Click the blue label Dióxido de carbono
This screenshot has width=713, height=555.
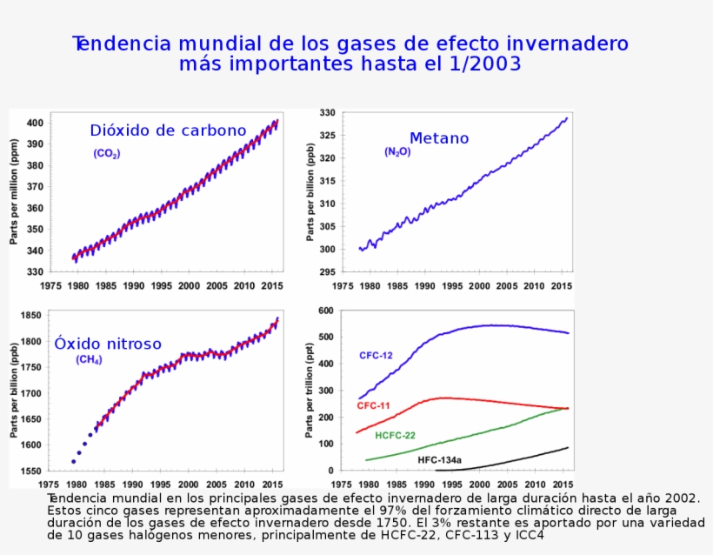168,130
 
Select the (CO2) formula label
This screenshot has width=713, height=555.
107,154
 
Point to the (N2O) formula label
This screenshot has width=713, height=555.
397,152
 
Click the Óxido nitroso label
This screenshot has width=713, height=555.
108,344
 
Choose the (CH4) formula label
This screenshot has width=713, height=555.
89,359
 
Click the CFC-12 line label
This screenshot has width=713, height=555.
376,356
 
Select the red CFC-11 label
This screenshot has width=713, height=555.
373,406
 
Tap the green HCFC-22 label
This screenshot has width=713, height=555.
395,435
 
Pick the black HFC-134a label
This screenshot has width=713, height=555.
439,458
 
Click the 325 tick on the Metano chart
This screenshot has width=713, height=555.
327,136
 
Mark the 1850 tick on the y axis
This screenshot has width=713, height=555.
30,315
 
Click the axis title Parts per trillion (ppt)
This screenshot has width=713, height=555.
310,390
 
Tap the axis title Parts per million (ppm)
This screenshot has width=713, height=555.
14,191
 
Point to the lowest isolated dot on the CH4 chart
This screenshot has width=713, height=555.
74,462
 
